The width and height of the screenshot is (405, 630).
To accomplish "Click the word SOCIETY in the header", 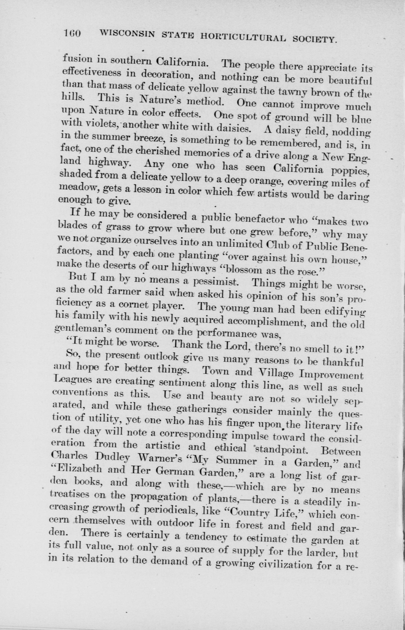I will [314, 39].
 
